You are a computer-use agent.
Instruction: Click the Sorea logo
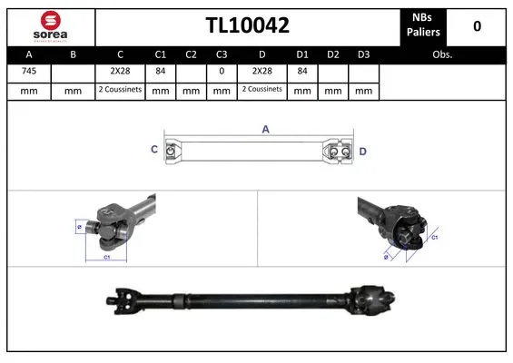pos(50,25)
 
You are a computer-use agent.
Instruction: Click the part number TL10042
pos(246,26)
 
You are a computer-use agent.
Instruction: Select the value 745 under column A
pos(29,72)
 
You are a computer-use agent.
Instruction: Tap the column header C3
pos(221,54)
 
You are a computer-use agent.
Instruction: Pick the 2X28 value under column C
pos(120,72)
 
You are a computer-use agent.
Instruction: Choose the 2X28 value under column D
pos(261,72)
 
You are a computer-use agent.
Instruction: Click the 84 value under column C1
pos(161,72)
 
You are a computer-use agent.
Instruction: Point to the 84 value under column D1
pos(302,72)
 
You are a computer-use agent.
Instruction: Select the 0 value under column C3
pos(221,72)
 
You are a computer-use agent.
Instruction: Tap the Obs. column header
pos(442,54)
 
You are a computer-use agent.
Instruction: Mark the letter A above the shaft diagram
pos(266,130)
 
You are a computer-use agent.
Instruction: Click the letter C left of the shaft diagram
pos(153,150)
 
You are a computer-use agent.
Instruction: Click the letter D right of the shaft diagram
pos(362,151)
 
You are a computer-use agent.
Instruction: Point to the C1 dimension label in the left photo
pos(106,258)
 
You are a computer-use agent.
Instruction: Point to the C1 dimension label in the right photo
pos(434,237)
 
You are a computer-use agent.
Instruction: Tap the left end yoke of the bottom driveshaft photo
pos(120,296)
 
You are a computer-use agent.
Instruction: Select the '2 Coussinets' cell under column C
pos(120,90)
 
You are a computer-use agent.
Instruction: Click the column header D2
pos(333,54)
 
